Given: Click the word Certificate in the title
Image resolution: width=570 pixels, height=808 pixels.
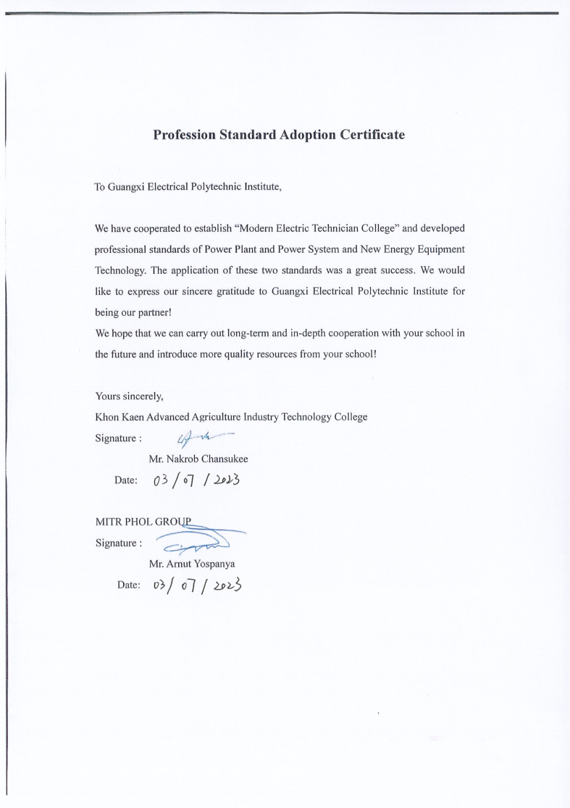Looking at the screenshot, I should (x=369, y=136).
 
